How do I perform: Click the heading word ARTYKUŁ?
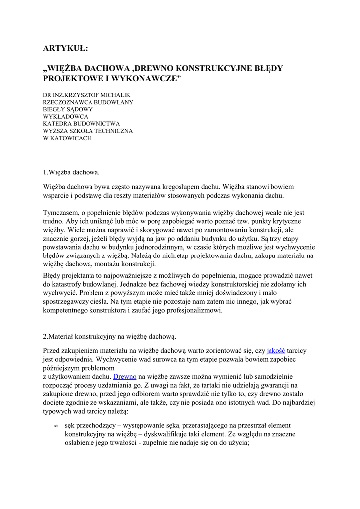(65, 48)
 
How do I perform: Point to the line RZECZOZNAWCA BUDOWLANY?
(88, 102)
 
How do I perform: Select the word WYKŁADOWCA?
(66, 117)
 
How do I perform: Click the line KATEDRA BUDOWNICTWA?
(82, 124)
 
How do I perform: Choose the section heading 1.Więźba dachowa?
(72, 172)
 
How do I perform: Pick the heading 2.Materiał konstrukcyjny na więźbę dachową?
(109, 336)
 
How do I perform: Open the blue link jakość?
(276, 351)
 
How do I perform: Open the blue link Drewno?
(125, 377)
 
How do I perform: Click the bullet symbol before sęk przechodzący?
(56, 426)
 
